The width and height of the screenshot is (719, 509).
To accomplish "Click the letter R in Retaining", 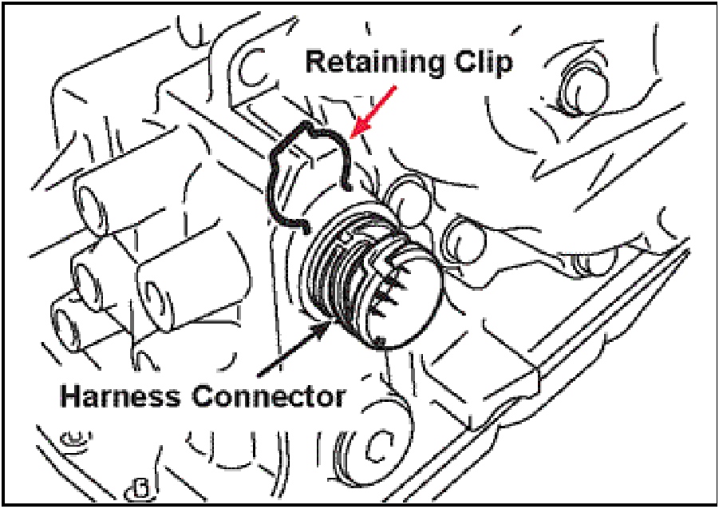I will click(x=316, y=63).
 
